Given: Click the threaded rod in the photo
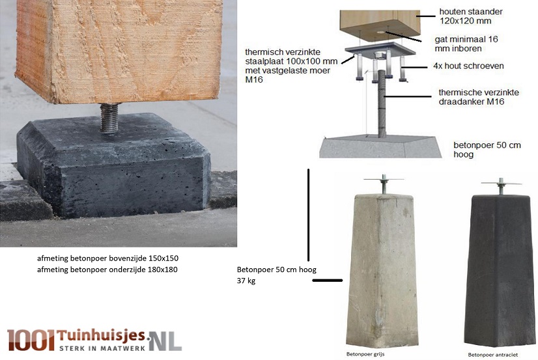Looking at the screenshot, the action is coord(109,118).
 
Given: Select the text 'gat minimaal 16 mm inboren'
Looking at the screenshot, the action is coord(466,44).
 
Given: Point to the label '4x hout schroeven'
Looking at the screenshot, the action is coord(468,66).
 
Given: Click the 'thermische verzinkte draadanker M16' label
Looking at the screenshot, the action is coord(479,97).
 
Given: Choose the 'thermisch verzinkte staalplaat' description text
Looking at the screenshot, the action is coord(291,66).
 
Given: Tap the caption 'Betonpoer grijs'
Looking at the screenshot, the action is coord(365,354).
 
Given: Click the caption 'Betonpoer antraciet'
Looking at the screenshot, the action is coord(492,355).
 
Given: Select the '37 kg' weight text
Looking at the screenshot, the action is coord(246,281).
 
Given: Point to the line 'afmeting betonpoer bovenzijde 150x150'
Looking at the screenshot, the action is coord(107,258).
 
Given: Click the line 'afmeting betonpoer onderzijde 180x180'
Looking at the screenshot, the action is coord(107,270).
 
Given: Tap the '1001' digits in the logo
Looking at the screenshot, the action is coord(31,340).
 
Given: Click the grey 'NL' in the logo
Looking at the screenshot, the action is coord(166,341).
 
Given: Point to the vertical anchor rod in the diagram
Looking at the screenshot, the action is coord(382,103).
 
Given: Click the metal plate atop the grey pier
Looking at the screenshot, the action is coord(384,179).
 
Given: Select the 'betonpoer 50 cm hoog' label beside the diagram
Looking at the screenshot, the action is coord(487,150).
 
